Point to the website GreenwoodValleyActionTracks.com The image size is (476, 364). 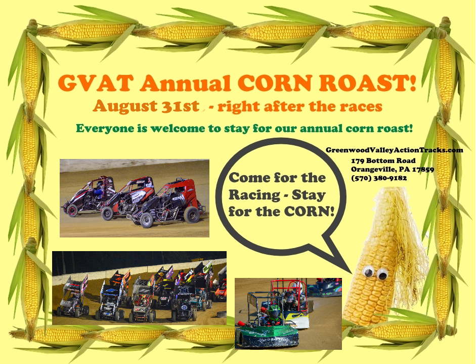coord(395,150)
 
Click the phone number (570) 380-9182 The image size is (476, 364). coord(379,178)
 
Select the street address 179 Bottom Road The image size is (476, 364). coord(383,160)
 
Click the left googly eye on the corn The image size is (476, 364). coord(368,271)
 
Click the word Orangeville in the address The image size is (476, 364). coord(370,170)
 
